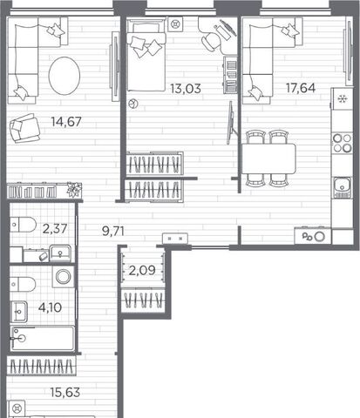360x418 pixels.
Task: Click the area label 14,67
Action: click(66, 122)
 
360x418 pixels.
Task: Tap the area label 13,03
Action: click(186, 89)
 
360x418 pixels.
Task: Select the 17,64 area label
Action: click(301, 88)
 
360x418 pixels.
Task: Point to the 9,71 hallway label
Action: click(113, 232)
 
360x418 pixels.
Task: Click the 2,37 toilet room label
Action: click(55, 229)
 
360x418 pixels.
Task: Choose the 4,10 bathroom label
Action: click(50, 307)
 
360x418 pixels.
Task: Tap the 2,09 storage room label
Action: click(142, 271)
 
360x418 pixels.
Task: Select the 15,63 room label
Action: click(65, 393)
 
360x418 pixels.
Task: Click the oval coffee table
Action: click(65, 76)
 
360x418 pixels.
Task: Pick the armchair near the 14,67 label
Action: click(24, 128)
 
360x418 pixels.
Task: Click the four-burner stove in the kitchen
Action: click(343, 143)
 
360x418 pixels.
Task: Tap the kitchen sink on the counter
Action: click(343, 187)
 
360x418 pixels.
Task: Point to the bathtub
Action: click(43, 339)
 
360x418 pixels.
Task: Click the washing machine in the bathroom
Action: click(64, 277)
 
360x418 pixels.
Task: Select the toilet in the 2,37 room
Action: click(23, 225)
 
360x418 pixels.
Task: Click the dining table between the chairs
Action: click(268, 158)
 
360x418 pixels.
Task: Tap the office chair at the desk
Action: click(212, 41)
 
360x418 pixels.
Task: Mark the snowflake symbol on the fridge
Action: click(343, 99)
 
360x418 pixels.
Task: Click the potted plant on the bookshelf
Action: click(73, 190)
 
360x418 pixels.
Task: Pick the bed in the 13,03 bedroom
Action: click(146, 55)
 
